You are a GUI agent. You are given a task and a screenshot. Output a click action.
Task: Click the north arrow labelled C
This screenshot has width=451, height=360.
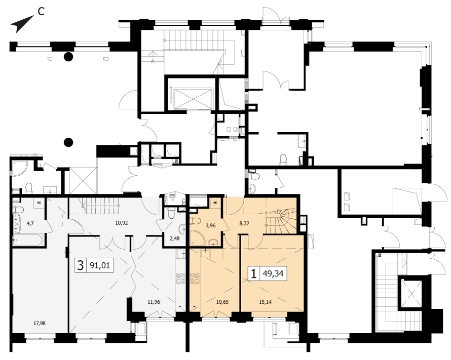tap(22, 24)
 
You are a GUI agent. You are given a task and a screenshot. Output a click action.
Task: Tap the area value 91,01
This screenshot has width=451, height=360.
tap(100, 265)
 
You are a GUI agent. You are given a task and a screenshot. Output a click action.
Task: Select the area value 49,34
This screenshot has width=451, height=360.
tap(273, 273)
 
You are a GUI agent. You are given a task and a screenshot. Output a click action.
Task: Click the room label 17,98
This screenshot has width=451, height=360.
tap(40, 323)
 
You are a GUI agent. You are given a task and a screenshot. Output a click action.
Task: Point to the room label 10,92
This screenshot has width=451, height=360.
tap(122, 223)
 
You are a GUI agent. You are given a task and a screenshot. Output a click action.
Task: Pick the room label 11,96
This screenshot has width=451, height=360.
tap(154, 302)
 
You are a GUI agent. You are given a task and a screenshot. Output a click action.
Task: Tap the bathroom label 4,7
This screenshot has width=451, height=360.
tap(30, 223)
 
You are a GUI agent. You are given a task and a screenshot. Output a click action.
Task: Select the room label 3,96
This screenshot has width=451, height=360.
tap(210, 225)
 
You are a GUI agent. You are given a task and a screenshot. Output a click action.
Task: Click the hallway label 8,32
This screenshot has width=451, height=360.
tap(244, 223)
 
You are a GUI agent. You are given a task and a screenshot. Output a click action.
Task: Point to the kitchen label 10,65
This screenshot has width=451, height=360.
tap(222, 302)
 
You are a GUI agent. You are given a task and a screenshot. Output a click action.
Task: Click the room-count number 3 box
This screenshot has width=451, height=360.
tap(81, 265)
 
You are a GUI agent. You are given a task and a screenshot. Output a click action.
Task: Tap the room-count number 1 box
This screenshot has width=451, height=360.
tap(253, 273)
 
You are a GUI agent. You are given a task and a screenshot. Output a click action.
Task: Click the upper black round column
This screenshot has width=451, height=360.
tap(68, 57)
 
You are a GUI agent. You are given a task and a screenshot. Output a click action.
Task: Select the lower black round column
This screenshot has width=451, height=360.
tap(68, 142)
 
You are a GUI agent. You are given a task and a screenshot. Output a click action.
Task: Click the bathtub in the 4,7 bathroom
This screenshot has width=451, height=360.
tap(28, 240)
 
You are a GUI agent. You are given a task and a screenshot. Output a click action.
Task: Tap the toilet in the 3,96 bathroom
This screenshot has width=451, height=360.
tap(195, 221)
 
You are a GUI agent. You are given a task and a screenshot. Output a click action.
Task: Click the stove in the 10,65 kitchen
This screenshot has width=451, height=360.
tap(195, 278)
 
